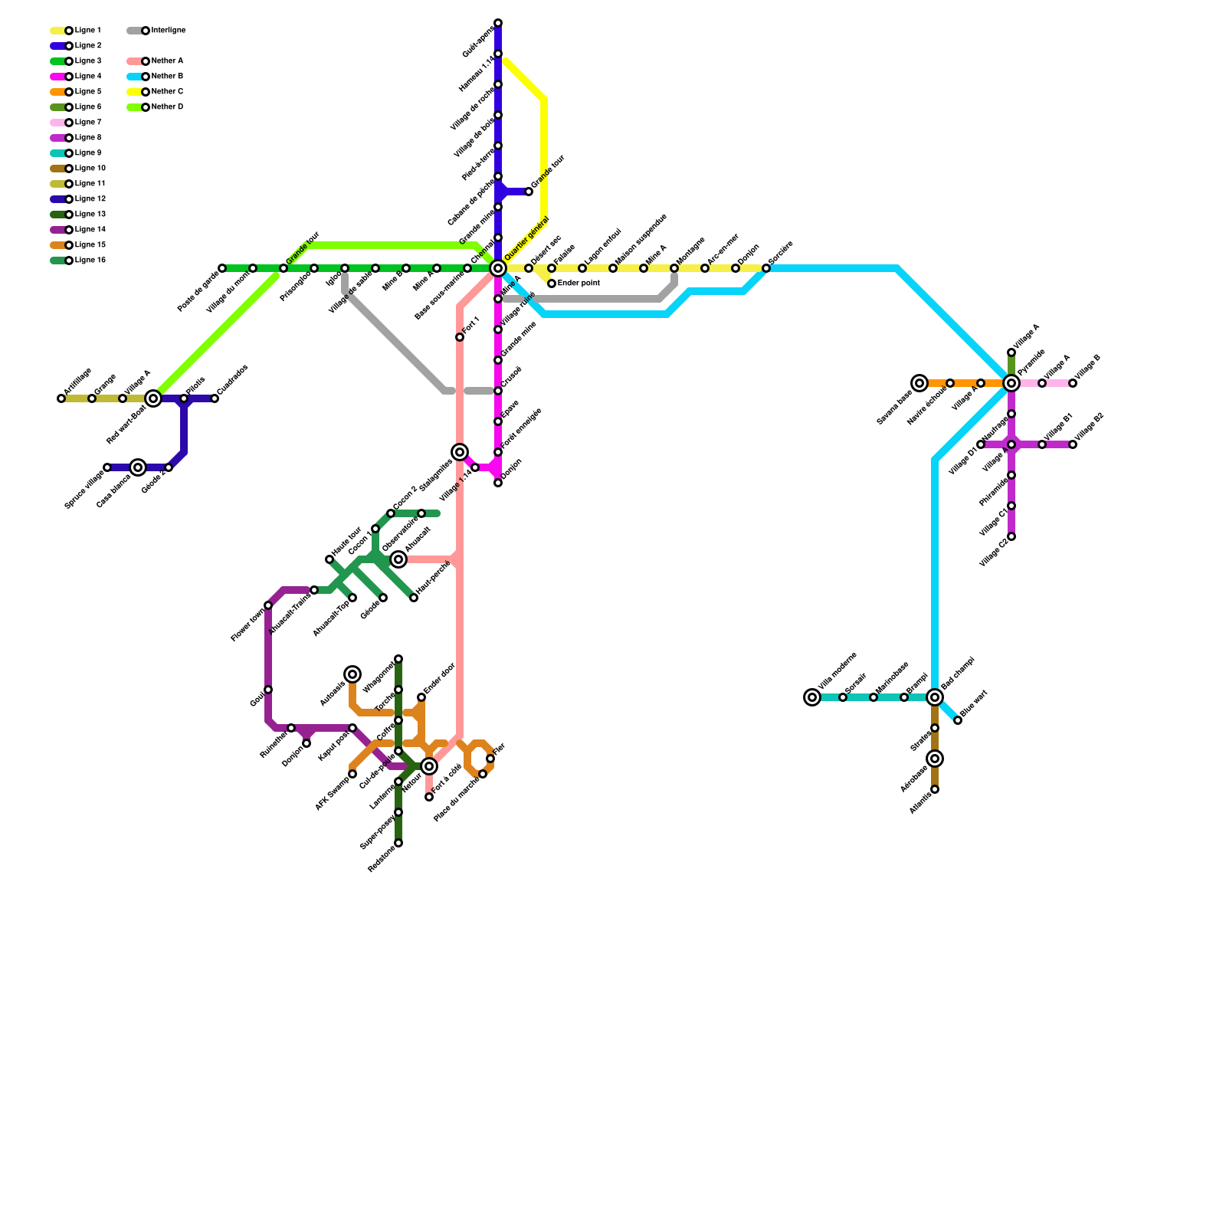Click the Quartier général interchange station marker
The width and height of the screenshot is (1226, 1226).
pos(498,268)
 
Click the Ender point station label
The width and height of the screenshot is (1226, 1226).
pos(579,284)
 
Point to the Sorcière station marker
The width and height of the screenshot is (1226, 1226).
pos(766,268)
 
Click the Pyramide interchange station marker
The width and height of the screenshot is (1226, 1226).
pos(1011,383)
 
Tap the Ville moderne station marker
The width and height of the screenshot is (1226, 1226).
pos(812,697)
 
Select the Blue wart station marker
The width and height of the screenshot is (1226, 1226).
pos(958,720)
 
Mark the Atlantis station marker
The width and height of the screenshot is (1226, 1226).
pos(935,789)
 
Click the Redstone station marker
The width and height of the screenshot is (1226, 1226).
pos(398,843)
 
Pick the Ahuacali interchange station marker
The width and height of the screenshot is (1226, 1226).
pos(398,559)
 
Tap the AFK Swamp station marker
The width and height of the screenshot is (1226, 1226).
pos(352,774)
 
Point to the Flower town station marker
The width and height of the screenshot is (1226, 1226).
pos(268,605)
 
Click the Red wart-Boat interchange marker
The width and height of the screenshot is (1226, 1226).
pos(153,398)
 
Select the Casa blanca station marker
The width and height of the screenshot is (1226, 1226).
pos(138,467)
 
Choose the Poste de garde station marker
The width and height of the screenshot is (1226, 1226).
pos(222,268)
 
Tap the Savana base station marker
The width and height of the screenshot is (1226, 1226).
pos(919,383)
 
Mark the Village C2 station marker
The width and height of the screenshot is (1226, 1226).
pos(1011,536)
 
